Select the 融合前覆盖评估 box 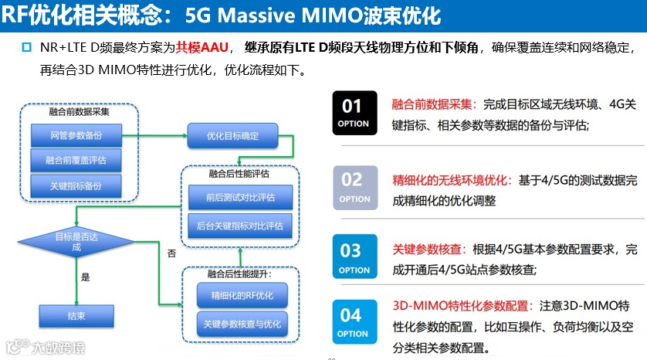point(76,160)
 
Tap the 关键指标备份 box point(76,185)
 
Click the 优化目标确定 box point(232,137)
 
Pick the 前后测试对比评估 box point(240,198)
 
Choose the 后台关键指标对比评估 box point(240,226)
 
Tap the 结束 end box point(76,314)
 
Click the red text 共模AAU point(203,47)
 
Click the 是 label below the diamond point(86,276)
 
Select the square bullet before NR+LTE point(27,48)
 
